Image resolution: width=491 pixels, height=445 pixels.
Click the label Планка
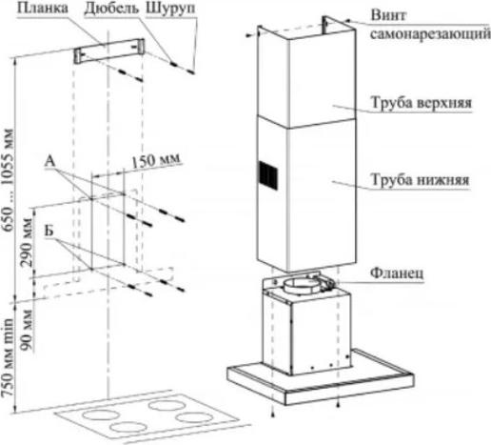(43, 9)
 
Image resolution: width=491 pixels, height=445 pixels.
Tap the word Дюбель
(111, 9)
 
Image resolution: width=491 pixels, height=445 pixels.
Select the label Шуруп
(170, 9)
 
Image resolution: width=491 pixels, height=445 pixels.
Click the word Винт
(388, 15)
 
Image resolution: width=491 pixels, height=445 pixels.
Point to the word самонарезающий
(430, 34)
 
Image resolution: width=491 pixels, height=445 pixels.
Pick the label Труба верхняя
(422, 103)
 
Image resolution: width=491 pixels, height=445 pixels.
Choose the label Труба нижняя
(420, 180)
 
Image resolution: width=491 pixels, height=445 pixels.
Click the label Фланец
(397, 273)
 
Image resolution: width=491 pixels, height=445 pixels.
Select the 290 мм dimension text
(27, 242)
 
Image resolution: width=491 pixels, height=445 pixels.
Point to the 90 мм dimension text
(27, 330)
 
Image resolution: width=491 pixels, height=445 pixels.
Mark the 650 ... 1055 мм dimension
(8, 180)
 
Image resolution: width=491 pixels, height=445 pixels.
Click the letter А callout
(49, 161)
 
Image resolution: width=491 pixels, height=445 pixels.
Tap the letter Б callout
(49, 231)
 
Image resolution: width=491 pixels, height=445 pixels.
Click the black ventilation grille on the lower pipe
(268, 175)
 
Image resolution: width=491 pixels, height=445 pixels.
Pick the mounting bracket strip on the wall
(109, 51)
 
